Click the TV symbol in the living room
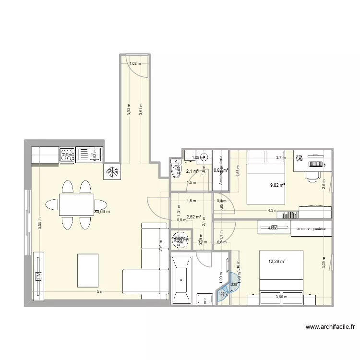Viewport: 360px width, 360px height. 37,276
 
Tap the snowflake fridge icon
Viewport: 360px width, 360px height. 112,171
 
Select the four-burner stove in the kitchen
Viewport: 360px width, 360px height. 67,155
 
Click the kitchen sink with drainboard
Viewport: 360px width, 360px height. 89,155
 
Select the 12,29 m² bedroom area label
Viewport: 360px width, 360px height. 276,261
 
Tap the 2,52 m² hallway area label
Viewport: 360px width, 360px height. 193,216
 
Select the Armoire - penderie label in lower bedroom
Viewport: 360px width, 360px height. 311,229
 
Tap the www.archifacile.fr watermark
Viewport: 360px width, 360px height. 331,327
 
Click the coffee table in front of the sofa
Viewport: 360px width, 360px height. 87,271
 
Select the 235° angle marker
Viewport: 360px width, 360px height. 233,284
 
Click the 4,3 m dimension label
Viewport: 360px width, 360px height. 273,210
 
